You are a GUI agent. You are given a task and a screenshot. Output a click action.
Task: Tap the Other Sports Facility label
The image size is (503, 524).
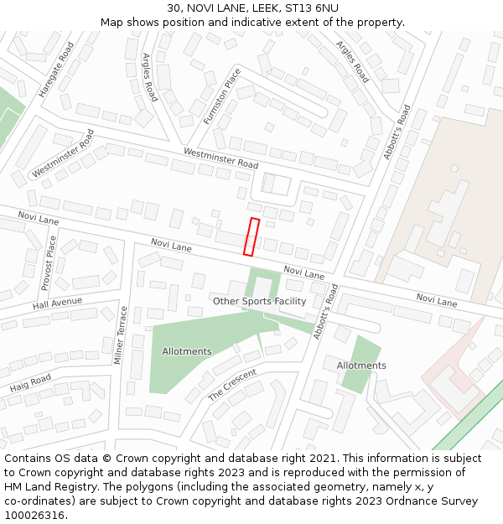coord(259,301)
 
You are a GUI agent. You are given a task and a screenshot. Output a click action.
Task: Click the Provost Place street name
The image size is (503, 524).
coord(48,262)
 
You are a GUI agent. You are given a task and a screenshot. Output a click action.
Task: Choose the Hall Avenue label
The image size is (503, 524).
coord(57,303)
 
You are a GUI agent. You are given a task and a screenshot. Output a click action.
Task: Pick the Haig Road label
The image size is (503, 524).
coord(31,384)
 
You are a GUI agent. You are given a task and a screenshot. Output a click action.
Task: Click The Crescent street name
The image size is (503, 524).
coord(232,384)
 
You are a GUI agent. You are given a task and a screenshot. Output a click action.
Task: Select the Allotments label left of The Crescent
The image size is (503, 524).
coord(187,351)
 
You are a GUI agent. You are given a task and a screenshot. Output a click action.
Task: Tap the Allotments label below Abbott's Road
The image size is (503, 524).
coord(361,366)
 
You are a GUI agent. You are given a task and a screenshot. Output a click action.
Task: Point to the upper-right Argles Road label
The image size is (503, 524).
coord(352,61)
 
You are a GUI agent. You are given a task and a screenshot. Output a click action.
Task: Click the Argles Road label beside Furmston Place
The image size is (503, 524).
coord(149,77)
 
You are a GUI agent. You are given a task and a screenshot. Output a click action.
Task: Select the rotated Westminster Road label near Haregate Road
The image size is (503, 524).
coord(63,153)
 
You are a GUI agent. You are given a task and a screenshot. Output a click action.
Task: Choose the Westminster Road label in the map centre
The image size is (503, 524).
coord(220,158)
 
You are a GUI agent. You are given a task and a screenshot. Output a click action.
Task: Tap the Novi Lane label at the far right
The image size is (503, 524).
coord(437,300)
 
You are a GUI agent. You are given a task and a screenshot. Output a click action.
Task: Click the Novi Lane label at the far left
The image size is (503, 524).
coord(39,219)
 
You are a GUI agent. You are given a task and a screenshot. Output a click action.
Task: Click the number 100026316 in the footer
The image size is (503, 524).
coord(32,515)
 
